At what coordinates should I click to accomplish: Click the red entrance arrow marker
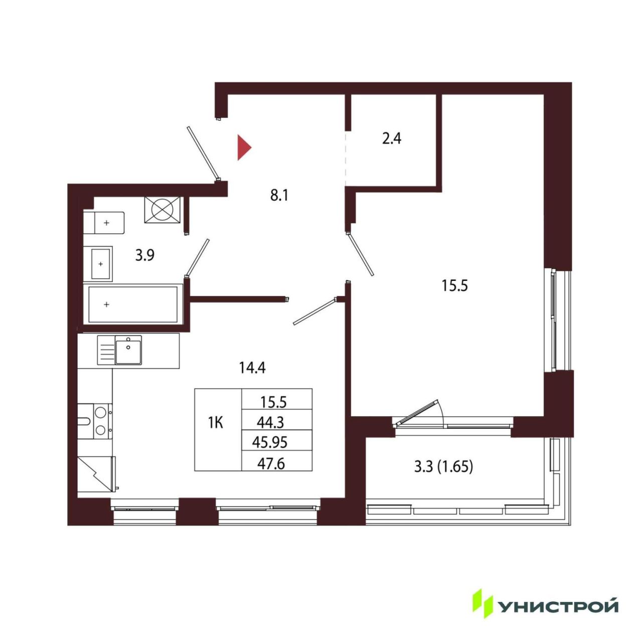(x=244, y=147)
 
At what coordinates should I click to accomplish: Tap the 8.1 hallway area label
(x=279, y=196)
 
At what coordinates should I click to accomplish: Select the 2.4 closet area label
(x=391, y=138)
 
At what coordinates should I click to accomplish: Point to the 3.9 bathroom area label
(x=144, y=255)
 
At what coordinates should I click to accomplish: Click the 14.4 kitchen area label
(x=252, y=368)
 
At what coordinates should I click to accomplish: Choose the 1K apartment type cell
(x=216, y=423)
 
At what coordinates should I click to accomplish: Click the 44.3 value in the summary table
(x=270, y=423)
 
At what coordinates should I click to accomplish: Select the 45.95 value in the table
(x=269, y=442)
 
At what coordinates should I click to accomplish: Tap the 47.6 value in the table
(x=271, y=463)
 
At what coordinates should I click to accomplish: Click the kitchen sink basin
(x=128, y=350)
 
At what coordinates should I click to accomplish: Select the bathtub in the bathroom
(x=133, y=304)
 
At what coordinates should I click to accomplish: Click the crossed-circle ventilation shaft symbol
(x=162, y=210)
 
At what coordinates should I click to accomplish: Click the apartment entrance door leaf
(x=203, y=152)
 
